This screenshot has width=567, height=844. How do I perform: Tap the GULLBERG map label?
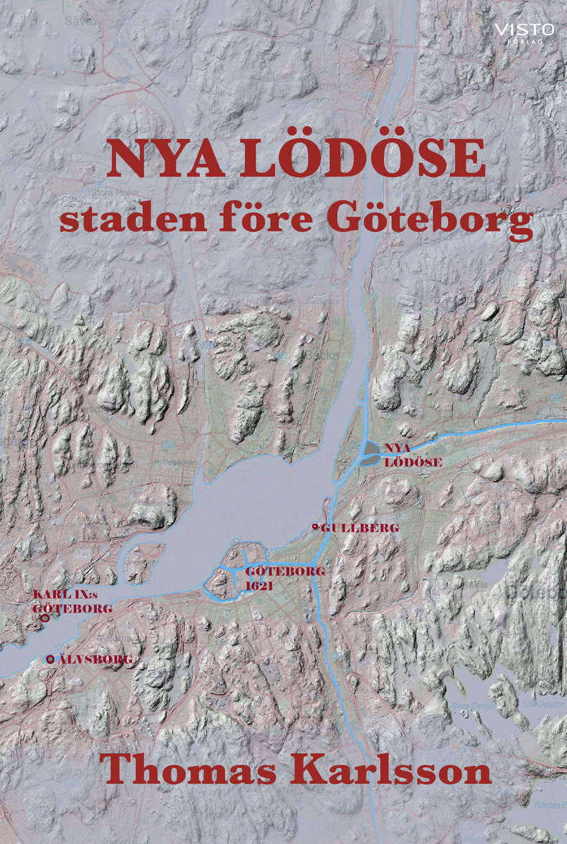click(351, 527)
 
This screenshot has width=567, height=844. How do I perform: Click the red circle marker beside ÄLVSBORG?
click(51, 659)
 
